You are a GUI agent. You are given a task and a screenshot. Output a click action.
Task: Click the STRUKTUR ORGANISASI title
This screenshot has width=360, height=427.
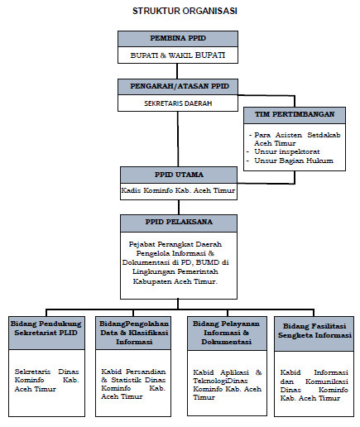click(x=185, y=11)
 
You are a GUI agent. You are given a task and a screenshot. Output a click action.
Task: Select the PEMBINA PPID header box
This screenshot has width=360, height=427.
click(x=178, y=39)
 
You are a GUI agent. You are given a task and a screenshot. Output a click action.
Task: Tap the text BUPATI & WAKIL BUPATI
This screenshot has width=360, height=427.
click(x=178, y=55)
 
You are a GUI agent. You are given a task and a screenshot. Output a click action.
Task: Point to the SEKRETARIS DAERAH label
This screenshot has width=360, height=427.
click(x=178, y=103)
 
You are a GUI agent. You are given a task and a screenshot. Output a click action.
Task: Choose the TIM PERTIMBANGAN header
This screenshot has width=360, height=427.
click(x=295, y=115)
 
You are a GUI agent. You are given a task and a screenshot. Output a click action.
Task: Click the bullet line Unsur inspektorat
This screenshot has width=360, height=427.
click(x=287, y=151)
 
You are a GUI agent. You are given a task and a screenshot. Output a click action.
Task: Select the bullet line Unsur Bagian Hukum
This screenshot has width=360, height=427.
click(x=294, y=161)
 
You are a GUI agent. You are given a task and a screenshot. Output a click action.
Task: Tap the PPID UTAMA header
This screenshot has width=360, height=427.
click(x=179, y=175)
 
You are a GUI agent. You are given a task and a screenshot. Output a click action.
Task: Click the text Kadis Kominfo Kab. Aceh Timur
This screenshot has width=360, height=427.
click(x=178, y=190)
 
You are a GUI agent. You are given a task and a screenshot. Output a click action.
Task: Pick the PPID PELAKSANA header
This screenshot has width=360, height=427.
click(x=179, y=223)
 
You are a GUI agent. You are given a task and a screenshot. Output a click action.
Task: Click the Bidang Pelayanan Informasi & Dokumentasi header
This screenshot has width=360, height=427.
click(x=227, y=333)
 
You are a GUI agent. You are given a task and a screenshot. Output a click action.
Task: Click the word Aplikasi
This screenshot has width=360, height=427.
click(x=234, y=372)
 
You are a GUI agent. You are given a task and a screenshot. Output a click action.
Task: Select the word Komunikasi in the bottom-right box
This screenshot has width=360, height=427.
click(x=327, y=381)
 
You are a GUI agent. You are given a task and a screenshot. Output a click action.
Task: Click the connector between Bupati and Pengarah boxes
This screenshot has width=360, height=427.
click(x=177, y=71)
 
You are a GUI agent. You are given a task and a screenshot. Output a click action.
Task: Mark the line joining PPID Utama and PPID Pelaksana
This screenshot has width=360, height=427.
click(x=179, y=207)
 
